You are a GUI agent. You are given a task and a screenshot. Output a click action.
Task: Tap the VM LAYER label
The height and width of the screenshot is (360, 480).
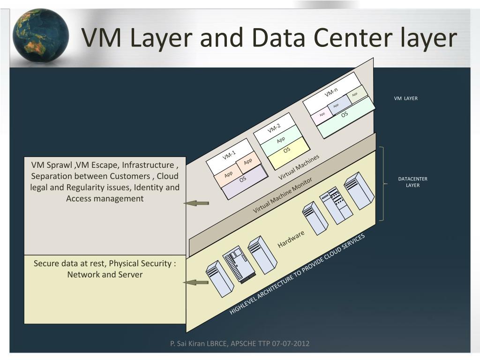tap(405, 98)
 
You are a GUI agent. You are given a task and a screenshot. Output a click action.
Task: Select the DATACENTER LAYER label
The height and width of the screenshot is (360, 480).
tap(412, 182)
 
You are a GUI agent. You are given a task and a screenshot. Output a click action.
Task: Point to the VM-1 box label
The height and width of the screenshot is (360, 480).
tap(229, 154)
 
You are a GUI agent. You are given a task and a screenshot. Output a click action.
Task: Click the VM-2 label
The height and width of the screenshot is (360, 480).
tap(274, 127)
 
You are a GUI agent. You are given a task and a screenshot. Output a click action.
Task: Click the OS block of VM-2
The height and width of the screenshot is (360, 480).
tap(287, 150)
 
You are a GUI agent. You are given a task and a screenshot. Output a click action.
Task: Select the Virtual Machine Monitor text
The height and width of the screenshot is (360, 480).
tap(282, 196)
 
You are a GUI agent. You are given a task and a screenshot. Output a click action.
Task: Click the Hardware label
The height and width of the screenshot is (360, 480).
tap(291, 239)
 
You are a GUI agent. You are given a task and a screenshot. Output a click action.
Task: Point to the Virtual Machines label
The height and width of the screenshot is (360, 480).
tap(299, 167)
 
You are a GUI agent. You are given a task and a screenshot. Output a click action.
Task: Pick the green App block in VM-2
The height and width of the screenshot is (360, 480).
tap(281, 140)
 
